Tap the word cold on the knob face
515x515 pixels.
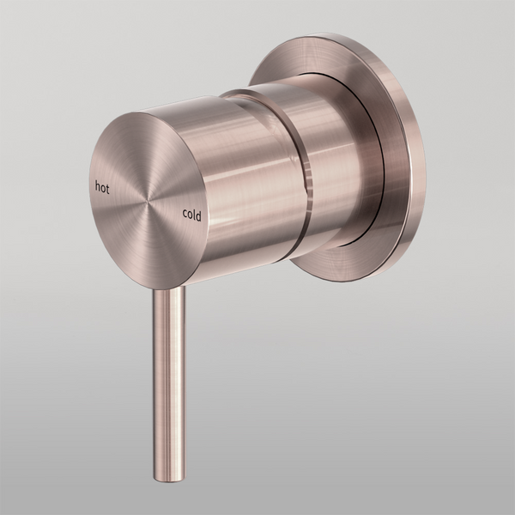(191, 215)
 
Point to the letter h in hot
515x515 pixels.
(97, 184)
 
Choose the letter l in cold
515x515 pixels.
(195, 215)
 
